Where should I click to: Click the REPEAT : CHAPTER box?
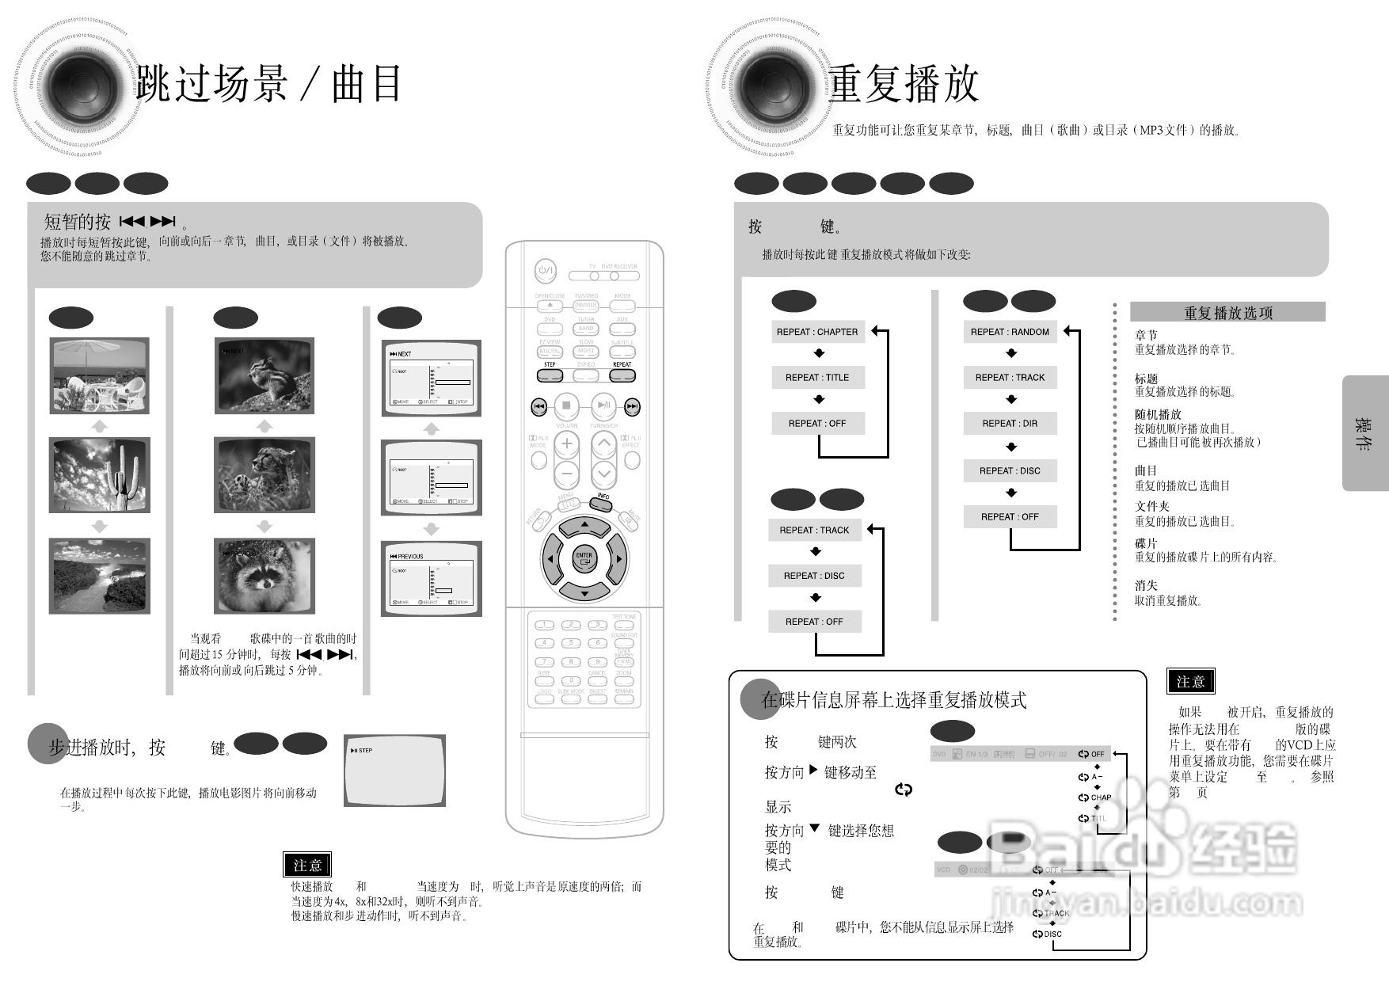click(817, 332)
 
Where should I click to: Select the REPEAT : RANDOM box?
click(1010, 332)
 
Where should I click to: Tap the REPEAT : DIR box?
click(1010, 424)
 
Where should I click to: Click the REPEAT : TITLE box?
click(817, 378)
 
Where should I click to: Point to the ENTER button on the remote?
click(584, 558)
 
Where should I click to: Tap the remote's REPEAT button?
click(622, 375)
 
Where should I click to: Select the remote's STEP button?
click(550, 375)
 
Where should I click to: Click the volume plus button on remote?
click(566, 444)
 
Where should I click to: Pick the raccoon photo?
click(264, 576)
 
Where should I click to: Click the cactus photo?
click(99, 475)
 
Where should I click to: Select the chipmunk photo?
click(264, 375)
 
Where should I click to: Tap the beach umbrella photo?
click(99, 375)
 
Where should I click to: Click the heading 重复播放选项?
click(1227, 313)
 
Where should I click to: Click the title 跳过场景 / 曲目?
click(269, 84)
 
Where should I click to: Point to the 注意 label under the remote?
click(307, 865)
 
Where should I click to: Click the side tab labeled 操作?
click(1364, 433)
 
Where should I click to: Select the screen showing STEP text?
click(395, 771)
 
